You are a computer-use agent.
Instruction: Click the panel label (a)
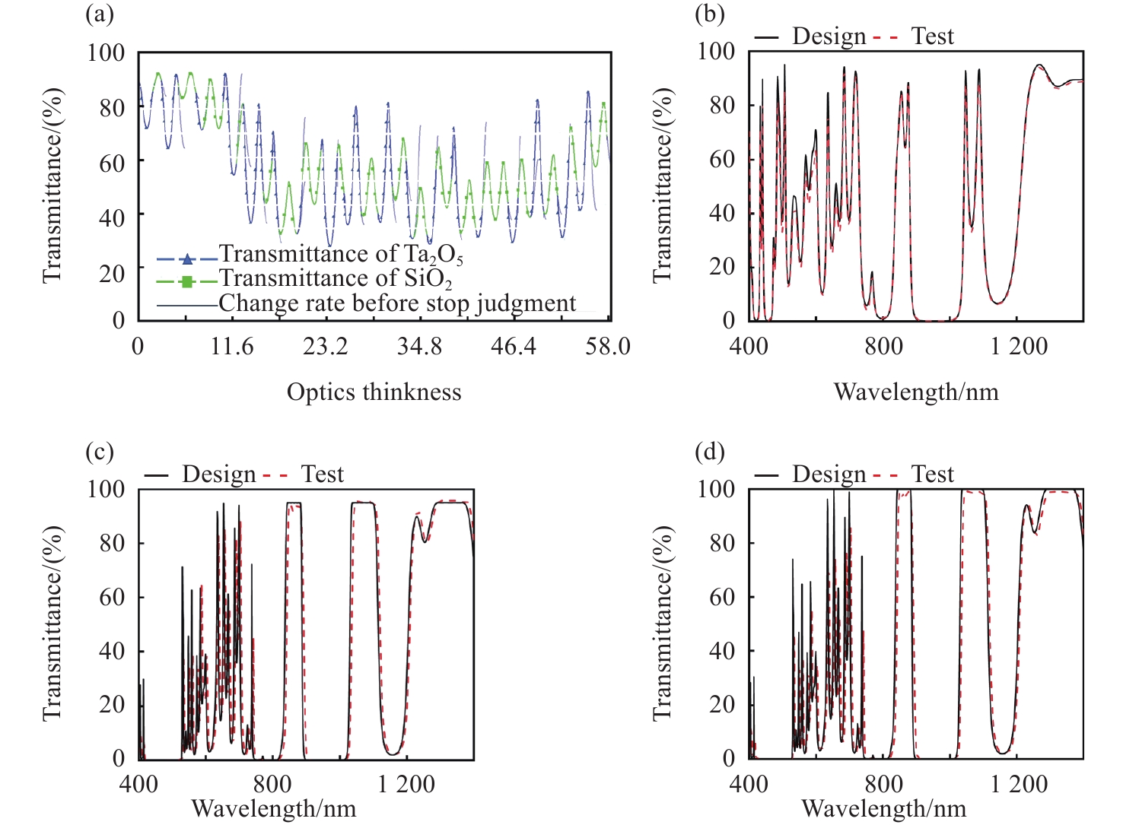pyautogui.click(x=99, y=14)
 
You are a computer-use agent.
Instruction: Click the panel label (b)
pyautogui.click(x=709, y=14)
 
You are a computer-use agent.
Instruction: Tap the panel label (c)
pyautogui.click(x=99, y=452)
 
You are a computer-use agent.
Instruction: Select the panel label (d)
pyautogui.click(x=709, y=452)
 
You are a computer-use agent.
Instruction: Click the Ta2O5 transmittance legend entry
pyautogui.click(x=341, y=254)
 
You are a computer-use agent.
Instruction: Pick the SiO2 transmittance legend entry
pyautogui.click(x=336, y=279)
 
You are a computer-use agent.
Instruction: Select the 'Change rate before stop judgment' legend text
pyautogui.click(x=397, y=303)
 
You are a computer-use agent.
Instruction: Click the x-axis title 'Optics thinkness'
pyautogui.click(x=374, y=392)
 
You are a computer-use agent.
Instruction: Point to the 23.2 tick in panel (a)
pyautogui.click(x=326, y=347)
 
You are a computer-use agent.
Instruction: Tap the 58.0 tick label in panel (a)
pyautogui.click(x=608, y=347)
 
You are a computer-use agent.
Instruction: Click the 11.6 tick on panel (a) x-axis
pyautogui.click(x=232, y=347)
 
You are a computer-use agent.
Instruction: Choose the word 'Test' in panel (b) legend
pyautogui.click(x=932, y=36)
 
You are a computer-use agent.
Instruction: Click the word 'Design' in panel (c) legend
pyautogui.click(x=219, y=474)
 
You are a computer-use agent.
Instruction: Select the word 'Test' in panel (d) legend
pyautogui.click(x=932, y=474)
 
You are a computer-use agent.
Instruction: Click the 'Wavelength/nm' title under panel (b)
pyautogui.click(x=916, y=392)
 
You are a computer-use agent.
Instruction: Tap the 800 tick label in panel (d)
pyautogui.click(x=883, y=784)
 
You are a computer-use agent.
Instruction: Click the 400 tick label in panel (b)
pyautogui.click(x=749, y=347)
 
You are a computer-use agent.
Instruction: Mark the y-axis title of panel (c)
pyautogui.click(x=52, y=624)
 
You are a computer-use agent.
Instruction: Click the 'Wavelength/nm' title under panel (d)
pyautogui.click(x=883, y=808)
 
